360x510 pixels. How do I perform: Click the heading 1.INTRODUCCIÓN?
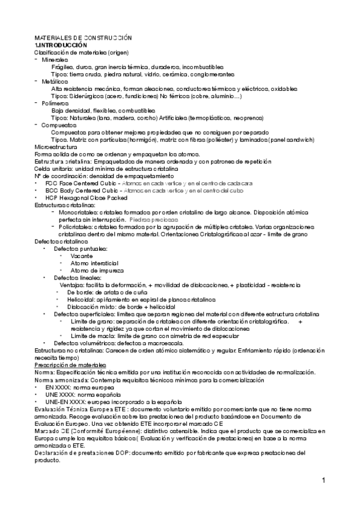61,45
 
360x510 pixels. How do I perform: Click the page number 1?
323,480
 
